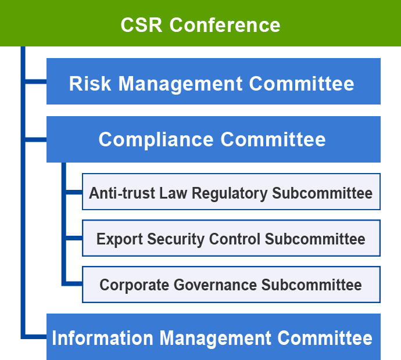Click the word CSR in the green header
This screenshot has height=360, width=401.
point(141,25)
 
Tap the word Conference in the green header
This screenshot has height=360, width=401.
point(225,25)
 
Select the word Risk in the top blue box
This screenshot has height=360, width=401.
point(90,84)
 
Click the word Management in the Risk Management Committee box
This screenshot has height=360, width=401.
point(180,84)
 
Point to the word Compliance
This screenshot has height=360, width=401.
point(156,140)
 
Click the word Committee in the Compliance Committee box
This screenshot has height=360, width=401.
point(273,139)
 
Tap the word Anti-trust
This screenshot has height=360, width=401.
point(122,193)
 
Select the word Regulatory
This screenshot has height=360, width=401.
point(230,193)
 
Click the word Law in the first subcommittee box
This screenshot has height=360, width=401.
point(173,193)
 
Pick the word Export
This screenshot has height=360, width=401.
point(120,239)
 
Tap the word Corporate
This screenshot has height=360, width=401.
point(134,285)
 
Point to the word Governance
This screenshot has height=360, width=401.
point(216,285)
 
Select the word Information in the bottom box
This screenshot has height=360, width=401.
point(102,338)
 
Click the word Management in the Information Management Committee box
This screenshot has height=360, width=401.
point(216,339)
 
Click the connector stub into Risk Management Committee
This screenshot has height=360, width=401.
point(36,81)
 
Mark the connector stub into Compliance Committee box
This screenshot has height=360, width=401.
point(36,139)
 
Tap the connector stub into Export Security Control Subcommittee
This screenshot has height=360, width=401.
point(74,238)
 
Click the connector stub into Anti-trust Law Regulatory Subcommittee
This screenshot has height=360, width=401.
point(74,192)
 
